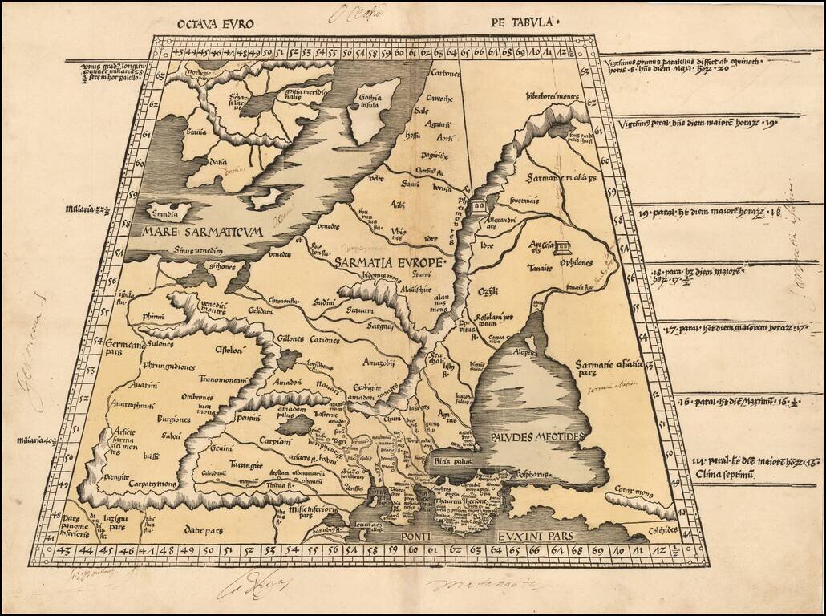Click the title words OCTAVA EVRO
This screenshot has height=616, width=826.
214,23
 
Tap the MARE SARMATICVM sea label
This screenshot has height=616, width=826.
201,233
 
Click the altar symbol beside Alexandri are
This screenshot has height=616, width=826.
478,206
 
